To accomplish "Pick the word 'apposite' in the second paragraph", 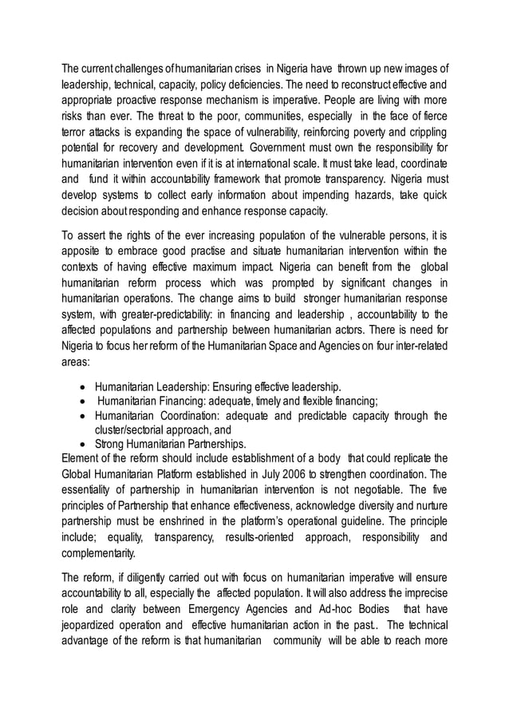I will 81,254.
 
